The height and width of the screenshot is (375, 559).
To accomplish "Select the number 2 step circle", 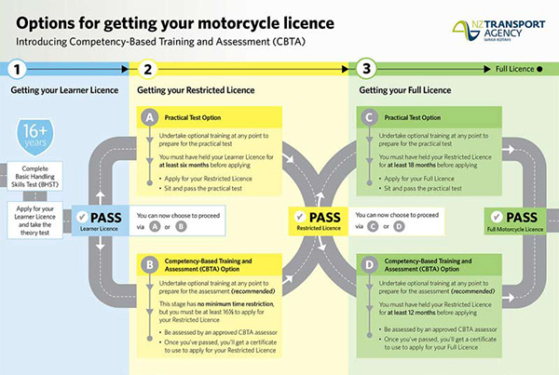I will pyautogui.click(x=147, y=68).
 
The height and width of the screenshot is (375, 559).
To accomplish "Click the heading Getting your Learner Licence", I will pyautogui.click(x=58, y=90).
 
